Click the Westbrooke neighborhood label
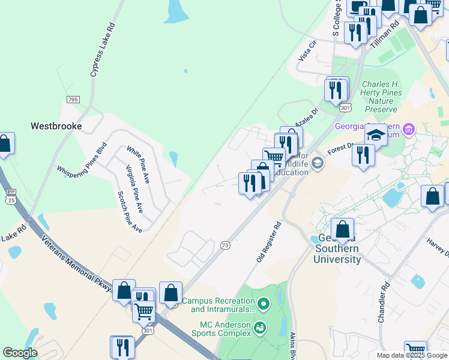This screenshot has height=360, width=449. click(56, 127)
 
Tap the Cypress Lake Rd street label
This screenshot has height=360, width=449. click(102, 50)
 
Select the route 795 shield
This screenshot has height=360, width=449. click(73, 99)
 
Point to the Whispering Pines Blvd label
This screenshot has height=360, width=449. click(82, 159)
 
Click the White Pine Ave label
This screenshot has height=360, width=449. click(139, 164)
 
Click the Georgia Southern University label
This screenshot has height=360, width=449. click(337, 248)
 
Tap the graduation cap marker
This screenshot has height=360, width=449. click(376, 135)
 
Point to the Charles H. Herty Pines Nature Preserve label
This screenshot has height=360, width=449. click(385, 97)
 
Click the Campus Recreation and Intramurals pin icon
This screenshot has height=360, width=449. click(262, 301)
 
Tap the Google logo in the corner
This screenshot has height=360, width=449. click(20, 353)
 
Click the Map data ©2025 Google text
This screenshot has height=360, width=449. click(412, 355)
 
